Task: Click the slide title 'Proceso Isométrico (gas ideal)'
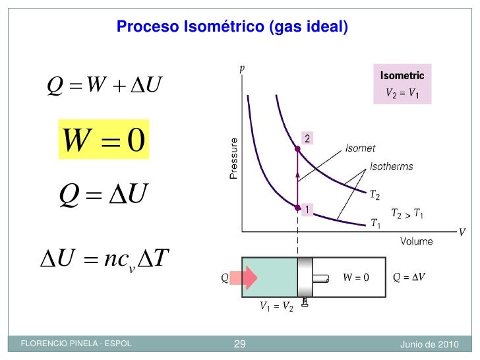pyautogui.click(x=231, y=27)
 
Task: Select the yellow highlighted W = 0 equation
pyautogui.click(x=104, y=139)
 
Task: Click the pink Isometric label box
pyautogui.click(x=402, y=84)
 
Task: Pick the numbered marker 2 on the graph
pyautogui.click(x=307, y=138)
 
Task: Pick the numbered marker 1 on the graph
pyautogui.click(x=307, y=210)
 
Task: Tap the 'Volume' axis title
pyautogui.click(x=417, y=241)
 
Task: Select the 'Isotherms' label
pyautogui.click(x=392, y=166)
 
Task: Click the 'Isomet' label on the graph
pyautogui.click(x=361, y=149)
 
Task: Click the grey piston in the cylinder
pyautogui.click(x=304, y=278)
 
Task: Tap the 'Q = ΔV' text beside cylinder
pyautogui.click(x=409, y=278)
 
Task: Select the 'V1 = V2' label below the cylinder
pyautogui.click(x=276, y=307)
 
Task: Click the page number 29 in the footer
pyautogui.click(x=240, y=344)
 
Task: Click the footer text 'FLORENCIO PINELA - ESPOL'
pyautogui.click(x=76, y=344)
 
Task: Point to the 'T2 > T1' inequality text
pyautogui.click(x=407, y=214)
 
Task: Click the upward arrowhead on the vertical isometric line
pyautogui.click(x=297, y=174)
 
